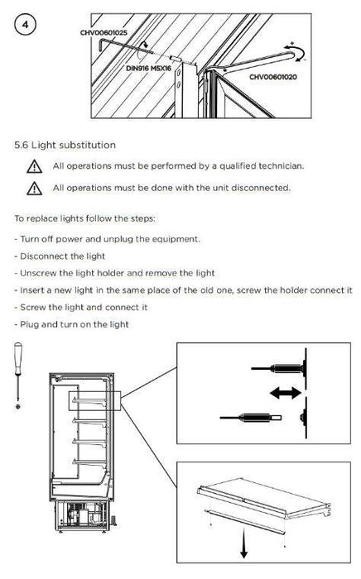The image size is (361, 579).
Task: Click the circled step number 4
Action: [25, 25]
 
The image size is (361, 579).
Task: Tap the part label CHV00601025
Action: [103, 32]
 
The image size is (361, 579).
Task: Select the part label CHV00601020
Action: [273, 77]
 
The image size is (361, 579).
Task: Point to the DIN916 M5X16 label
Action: [148, 69]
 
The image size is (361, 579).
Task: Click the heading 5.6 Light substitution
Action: [65, 145]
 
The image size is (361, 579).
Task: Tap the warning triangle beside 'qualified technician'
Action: [35, 166]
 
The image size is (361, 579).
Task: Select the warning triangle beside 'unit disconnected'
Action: [35, 189]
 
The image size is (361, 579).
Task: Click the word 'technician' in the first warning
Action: [282, 165]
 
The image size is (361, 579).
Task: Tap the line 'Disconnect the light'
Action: [60, 256]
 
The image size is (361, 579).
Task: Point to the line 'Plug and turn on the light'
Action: [72, 324]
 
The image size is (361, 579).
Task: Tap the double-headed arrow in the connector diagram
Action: [286, 393]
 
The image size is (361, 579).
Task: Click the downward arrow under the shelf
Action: [243, 543]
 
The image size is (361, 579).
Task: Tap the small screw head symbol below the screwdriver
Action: [17, 407]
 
